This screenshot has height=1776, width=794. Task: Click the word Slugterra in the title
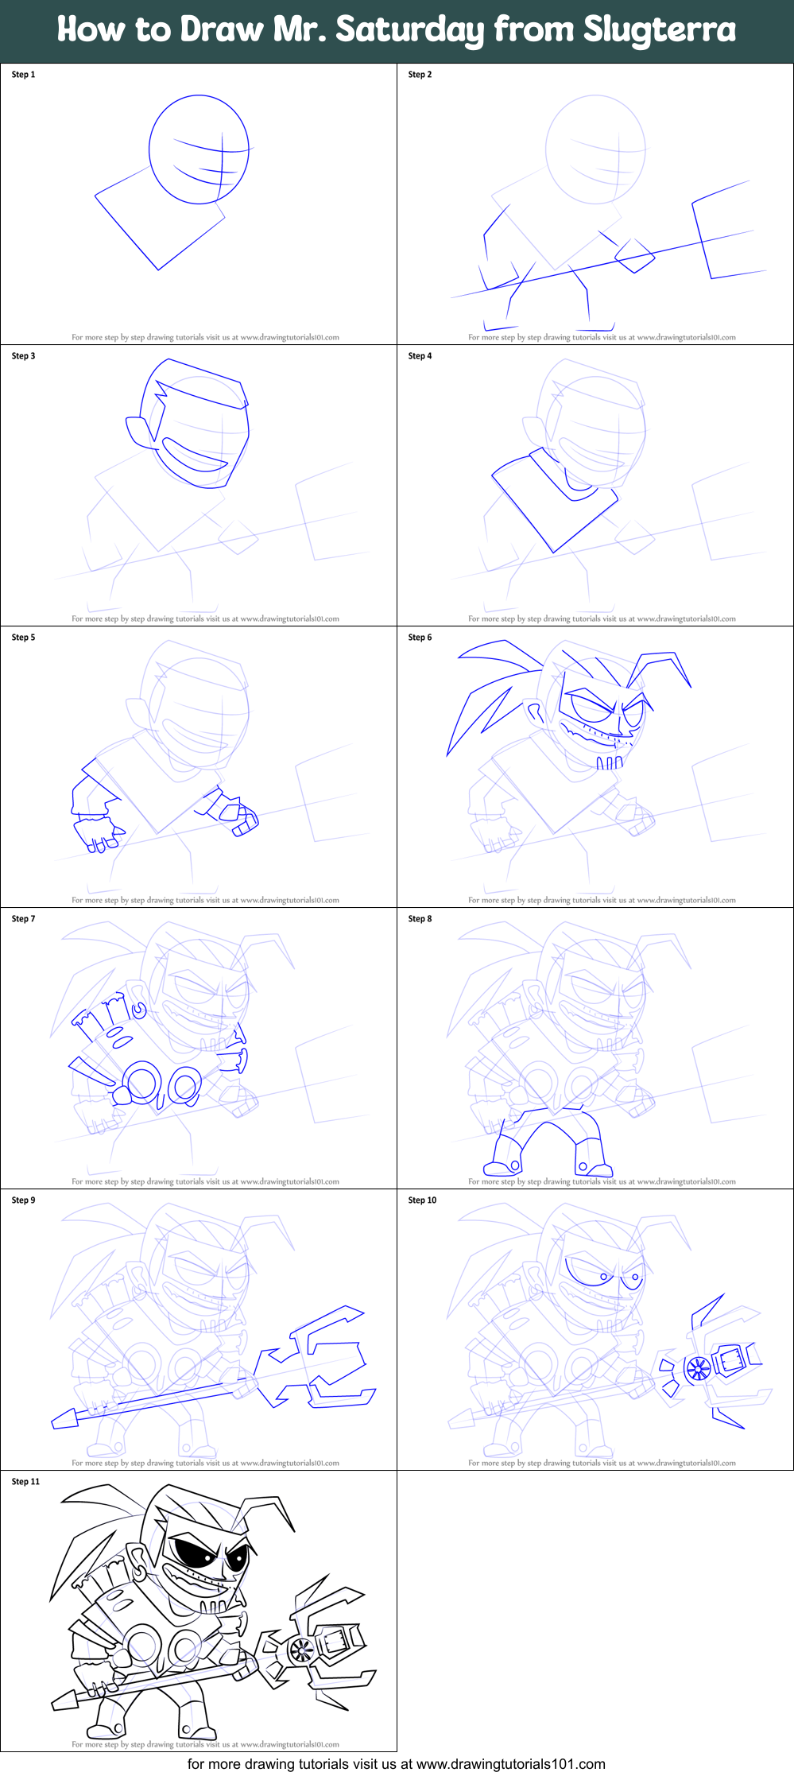660,30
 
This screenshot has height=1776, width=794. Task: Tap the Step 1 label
23,75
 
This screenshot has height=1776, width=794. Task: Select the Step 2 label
420,75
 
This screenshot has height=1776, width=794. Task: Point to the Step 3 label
23,356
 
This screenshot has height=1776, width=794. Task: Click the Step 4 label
420,356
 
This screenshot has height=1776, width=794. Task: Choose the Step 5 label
23,638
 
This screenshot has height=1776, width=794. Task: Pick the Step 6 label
420,638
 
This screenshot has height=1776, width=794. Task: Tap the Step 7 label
23,919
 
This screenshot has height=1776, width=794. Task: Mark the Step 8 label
420,919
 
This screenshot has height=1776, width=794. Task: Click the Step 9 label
23,1200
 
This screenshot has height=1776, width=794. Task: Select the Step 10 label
422,1200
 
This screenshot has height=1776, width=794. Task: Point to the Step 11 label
25,1482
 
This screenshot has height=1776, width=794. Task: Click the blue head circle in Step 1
199,149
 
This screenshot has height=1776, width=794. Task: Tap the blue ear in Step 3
141,431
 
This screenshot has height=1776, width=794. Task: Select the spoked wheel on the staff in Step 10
698,1368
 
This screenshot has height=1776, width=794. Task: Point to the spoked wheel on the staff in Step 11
301,1650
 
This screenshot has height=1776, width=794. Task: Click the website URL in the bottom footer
510,1764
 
